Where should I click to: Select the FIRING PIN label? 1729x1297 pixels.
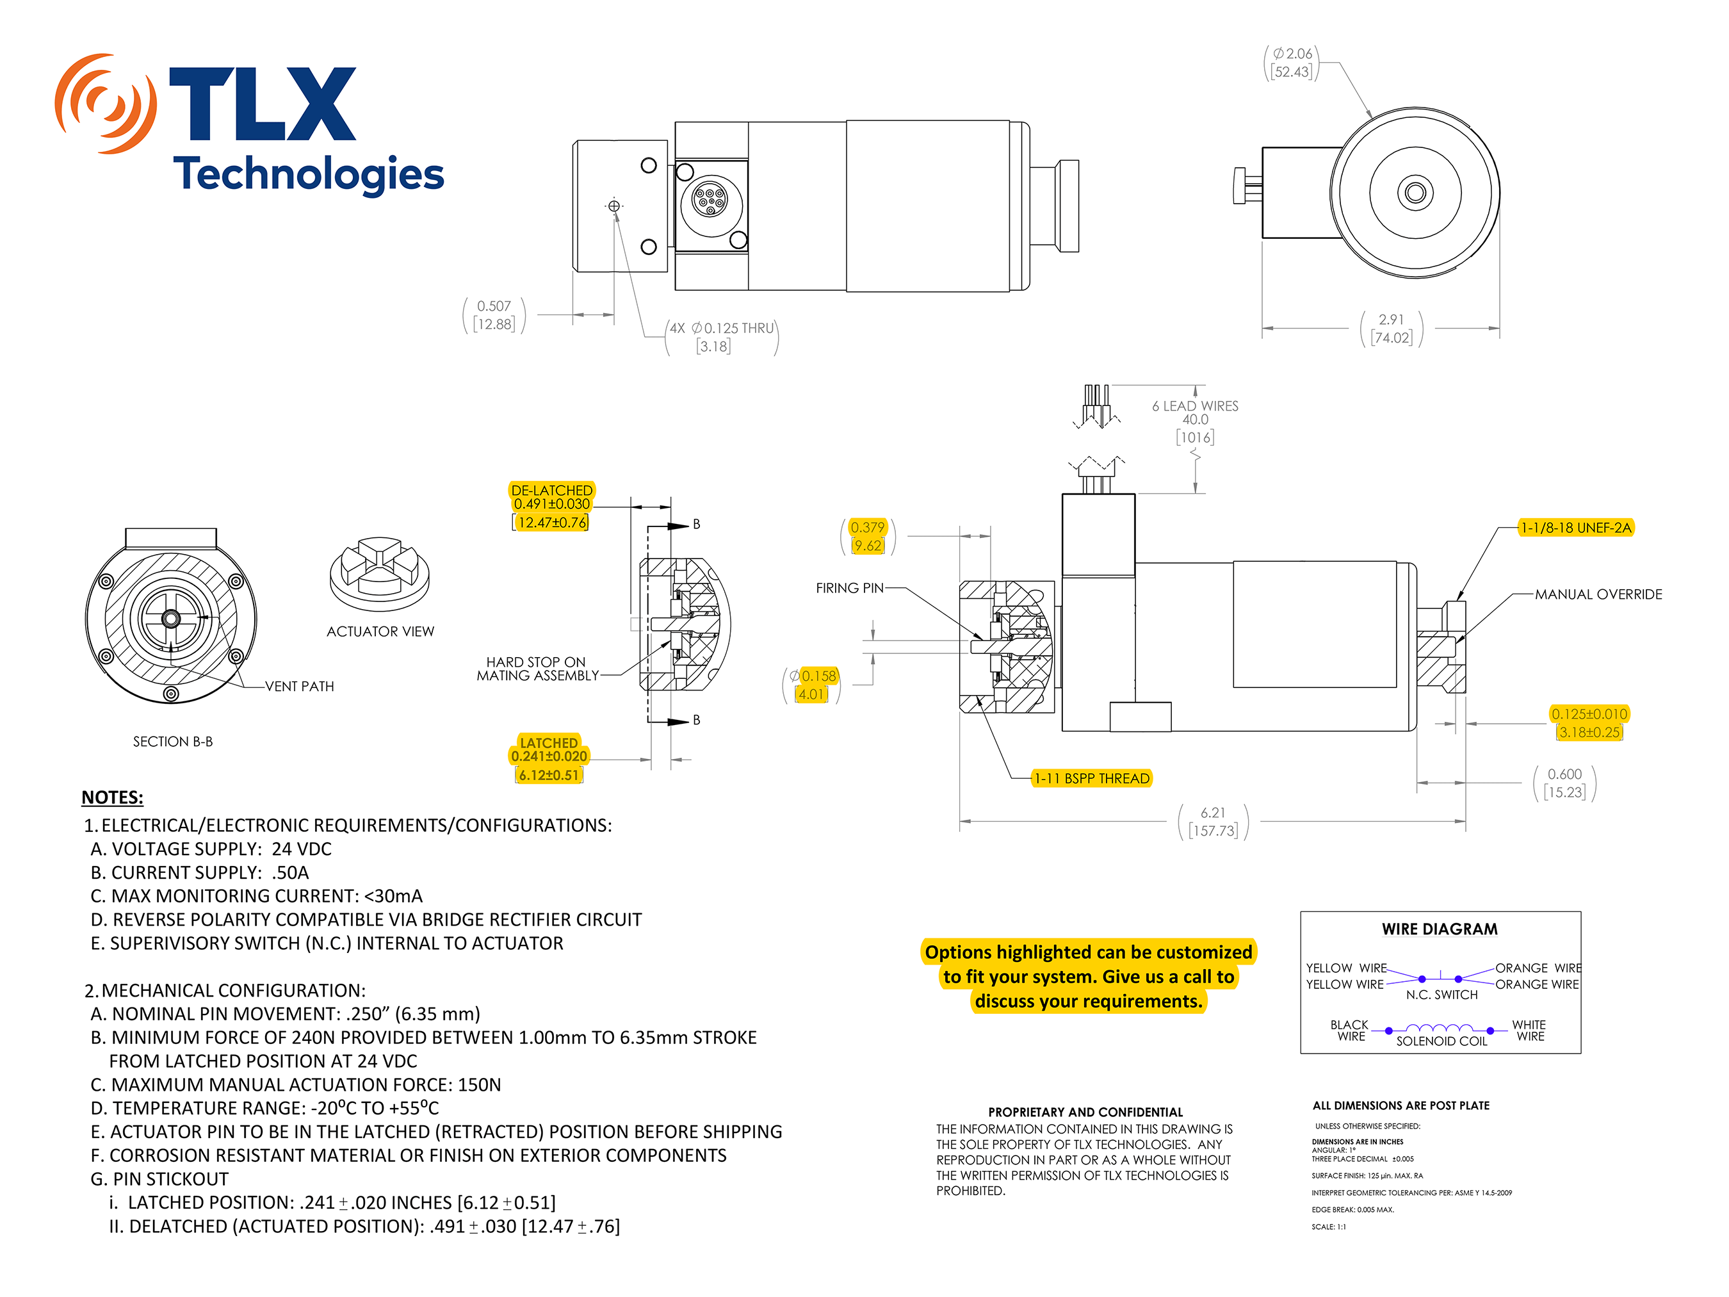(849, 588)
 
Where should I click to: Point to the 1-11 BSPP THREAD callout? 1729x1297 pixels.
(1091, 778)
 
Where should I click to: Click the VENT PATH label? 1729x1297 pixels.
(299, 687)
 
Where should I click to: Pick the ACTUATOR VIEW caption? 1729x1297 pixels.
(380, 631)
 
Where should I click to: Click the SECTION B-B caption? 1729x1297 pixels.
(172, 741)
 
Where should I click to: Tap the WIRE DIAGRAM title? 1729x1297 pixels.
(1439, 929)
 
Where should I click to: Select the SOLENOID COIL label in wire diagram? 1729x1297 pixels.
(1441, 1041)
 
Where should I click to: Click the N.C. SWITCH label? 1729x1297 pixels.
(1441, 995)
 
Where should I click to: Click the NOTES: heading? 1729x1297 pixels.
(113, 797)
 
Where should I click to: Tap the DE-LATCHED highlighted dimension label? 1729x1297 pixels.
(551, 490)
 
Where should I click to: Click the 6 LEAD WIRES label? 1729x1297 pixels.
(1194, 405)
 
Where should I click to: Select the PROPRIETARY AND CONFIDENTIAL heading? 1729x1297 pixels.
(1085, 1112)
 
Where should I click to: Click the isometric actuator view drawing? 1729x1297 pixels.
(380, 574)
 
